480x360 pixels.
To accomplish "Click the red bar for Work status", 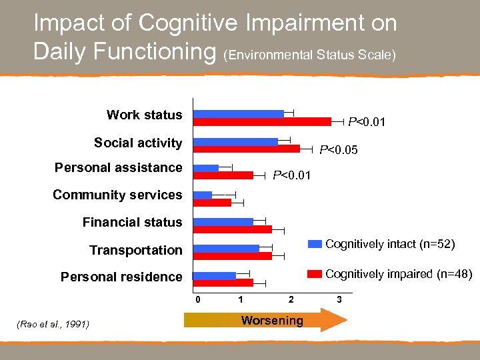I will point(261,121).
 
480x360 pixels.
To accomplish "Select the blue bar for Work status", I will point(238,114).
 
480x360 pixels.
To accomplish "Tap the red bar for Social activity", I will point(246,149).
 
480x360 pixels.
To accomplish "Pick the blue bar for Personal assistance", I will point(205,168).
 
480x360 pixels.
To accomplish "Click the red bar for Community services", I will point(211,203).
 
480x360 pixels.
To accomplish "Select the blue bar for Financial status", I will point(223,221).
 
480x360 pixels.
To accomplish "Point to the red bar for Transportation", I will point(232,256).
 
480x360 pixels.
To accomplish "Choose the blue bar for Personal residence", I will point(214,275).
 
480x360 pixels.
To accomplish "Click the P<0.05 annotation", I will point(339,150).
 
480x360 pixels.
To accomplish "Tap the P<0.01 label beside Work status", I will point(367,122).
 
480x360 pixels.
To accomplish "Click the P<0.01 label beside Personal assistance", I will point(291,175).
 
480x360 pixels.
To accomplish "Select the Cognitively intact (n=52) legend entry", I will point(390,245).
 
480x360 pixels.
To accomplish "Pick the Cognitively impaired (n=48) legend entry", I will point(390,274).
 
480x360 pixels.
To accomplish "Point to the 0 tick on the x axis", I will point(197,299).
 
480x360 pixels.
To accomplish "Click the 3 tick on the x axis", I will point(339,299).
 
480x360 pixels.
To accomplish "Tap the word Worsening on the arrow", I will point(272,321).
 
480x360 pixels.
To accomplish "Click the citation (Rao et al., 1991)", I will point(51,325).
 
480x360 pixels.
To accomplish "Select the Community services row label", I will point(117,195).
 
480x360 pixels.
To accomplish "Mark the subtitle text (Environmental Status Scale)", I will point(311,55).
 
